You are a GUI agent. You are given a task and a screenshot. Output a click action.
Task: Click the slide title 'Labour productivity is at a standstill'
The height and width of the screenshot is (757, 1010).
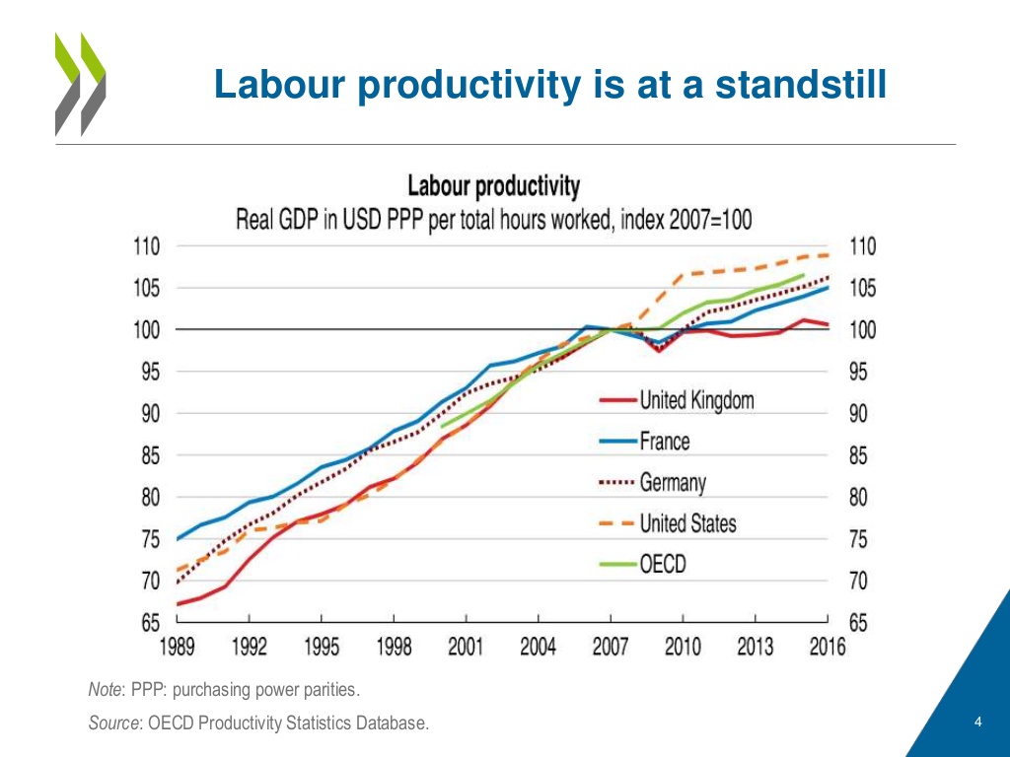[x=550, y=85]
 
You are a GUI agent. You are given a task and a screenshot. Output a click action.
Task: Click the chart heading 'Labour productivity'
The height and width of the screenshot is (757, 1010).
[x=494, y=186]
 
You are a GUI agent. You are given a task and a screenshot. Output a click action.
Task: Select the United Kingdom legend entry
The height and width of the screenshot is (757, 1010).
[x=696, y=399]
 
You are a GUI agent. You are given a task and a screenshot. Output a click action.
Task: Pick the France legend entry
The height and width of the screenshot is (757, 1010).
[x=664, y=441]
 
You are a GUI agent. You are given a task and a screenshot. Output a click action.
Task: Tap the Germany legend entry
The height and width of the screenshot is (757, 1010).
[x=673, y=483]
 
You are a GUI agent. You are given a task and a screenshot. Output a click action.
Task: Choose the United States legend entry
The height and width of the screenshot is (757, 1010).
[x=687, y=523]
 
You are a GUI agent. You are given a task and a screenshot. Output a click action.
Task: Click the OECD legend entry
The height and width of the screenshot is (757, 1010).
[x=662, y=565]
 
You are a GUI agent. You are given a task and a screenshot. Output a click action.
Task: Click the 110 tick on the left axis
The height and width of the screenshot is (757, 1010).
[x=149, y=246]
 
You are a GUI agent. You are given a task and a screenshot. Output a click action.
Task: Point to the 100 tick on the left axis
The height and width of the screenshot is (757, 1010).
[x=149, y=329]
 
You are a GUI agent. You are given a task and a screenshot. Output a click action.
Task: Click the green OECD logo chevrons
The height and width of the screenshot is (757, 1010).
[x=79, y=83]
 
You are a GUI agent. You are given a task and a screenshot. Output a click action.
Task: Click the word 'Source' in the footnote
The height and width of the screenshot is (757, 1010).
[x=112, y=724]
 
